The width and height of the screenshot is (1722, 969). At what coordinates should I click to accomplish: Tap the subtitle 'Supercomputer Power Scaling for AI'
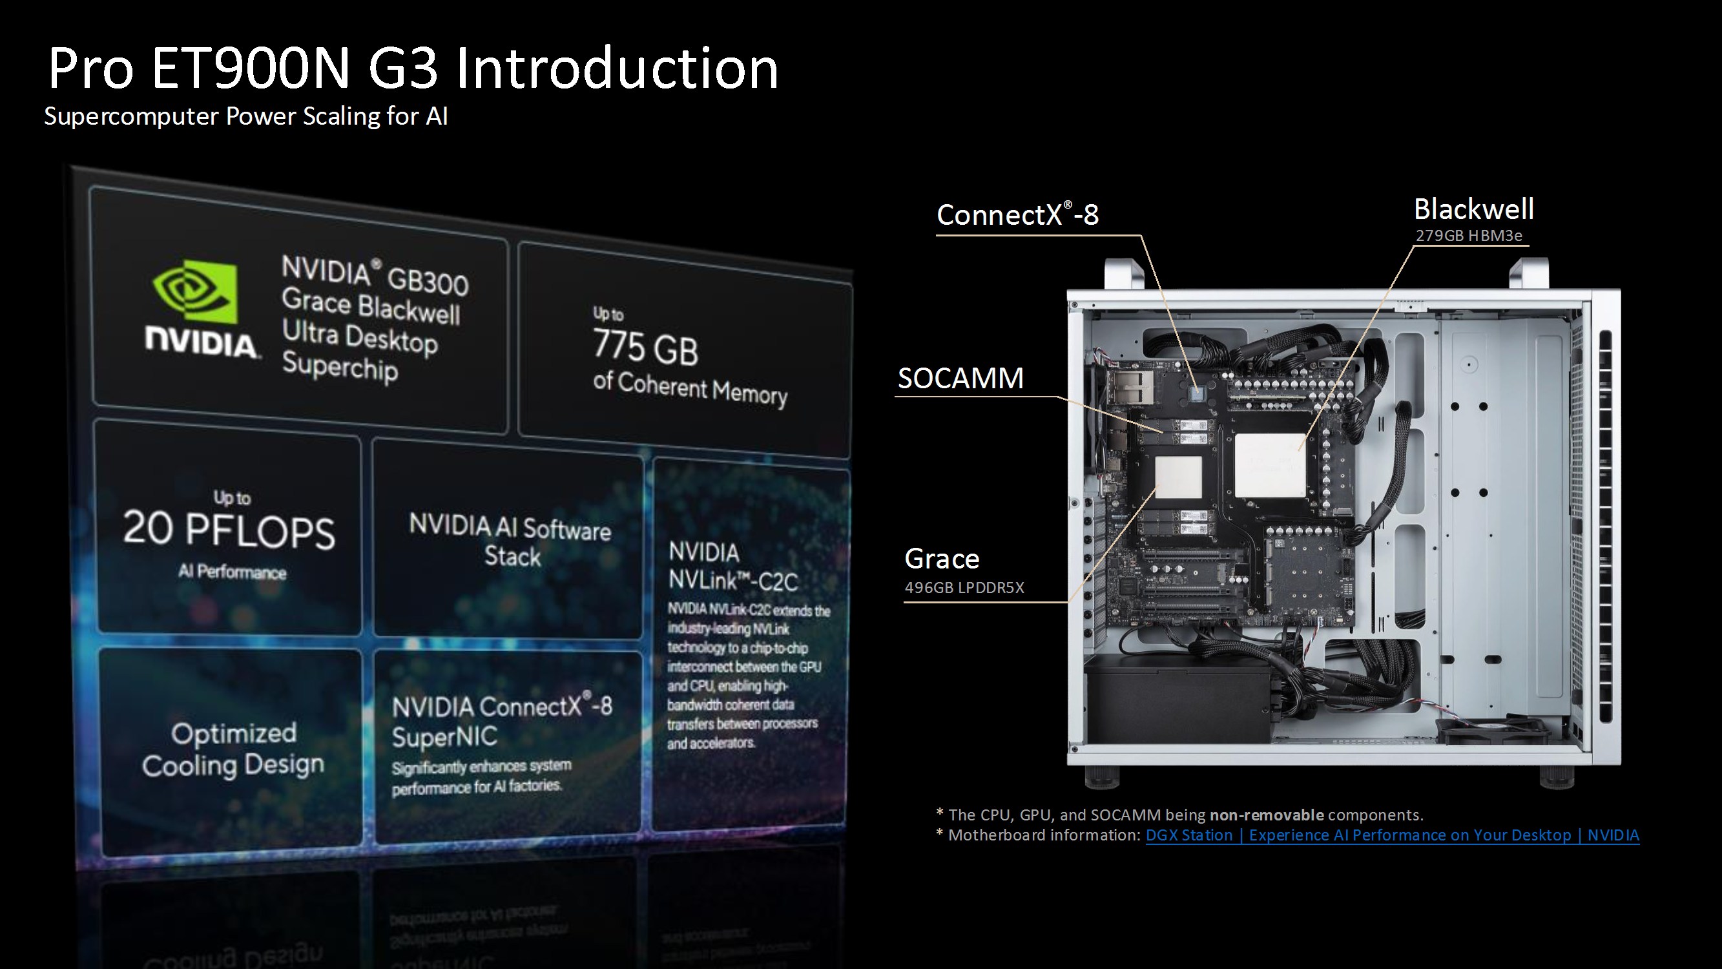pyautogui.click(x=246, y=116)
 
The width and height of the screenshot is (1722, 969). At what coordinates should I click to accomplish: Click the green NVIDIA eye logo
pyautogui.click(x=195, y=292)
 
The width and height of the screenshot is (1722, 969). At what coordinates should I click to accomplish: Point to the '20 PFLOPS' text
pyautogui.click(x=229, y=530)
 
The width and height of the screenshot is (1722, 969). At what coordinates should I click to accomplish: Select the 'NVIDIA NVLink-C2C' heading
pyautogui.click(x=733, y=567)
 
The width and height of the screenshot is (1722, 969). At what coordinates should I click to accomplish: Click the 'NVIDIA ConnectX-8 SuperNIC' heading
pyautogui.click(x=502, y=720)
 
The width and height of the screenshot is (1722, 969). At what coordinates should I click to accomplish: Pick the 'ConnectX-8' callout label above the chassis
pyautogui.click(x=1017, y=214)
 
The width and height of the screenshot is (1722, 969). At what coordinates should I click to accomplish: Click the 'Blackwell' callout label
pyautogui.click(x=1473, y=209)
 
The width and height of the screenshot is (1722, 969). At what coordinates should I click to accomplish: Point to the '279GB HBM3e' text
pyautogui.click(x=1469, y=236)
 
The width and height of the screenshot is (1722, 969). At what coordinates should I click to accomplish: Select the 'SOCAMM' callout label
pyautogui.click(x=960, y=379)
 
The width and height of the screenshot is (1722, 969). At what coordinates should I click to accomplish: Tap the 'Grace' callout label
pyautogui.click(x=942, y=559)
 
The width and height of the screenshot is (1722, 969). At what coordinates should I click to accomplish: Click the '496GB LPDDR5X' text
pyautogui.click(x=964, y=588)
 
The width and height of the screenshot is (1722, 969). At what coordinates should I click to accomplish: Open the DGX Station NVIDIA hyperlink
pyautogui.click(x=1393, y=835)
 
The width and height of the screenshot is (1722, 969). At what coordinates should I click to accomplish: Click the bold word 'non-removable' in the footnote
pyautogui.click(x=1267, y=815)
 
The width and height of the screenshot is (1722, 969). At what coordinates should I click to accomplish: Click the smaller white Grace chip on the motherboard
pyautogui.click(x=1178, y=477)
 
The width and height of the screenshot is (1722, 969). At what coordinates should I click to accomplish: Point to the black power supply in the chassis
pyautogui.click(x=1178, y=698)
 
